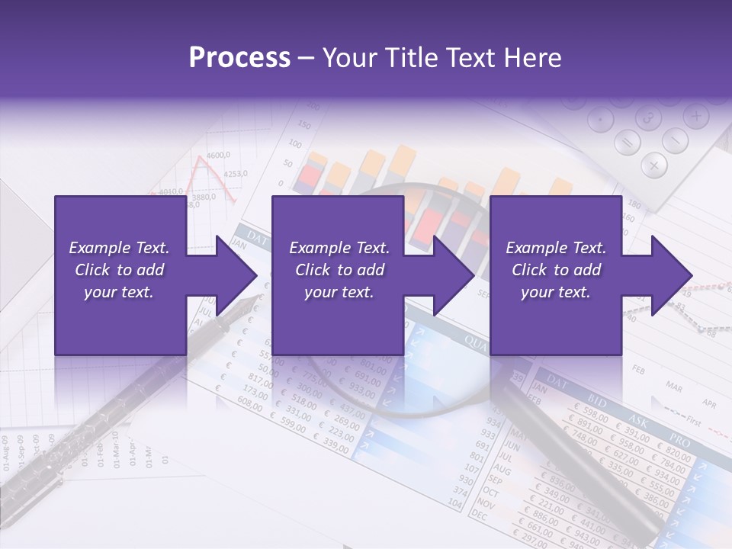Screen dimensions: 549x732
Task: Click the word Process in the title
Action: click(239, 58)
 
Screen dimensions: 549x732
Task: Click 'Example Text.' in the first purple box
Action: click(119, 248)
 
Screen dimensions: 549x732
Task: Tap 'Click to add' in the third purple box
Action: click(556, 270)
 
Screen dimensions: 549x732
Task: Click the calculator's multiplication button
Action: click(654, 164)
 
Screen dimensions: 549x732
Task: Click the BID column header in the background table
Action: click(599, 400)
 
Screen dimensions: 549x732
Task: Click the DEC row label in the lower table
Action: click(480, 515)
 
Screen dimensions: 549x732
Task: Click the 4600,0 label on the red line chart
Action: click(218, 156)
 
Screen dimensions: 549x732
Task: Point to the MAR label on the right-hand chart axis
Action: click(674, 386)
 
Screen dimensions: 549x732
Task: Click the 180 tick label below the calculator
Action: click(634, 204)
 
